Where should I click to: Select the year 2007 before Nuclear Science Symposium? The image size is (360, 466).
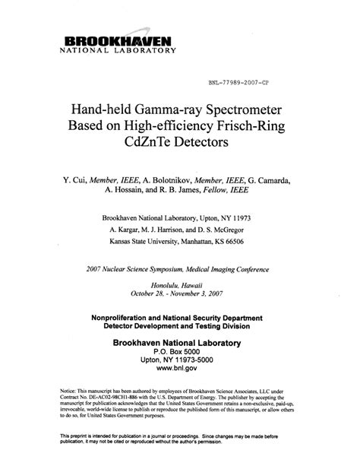click(x=94, y=267)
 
